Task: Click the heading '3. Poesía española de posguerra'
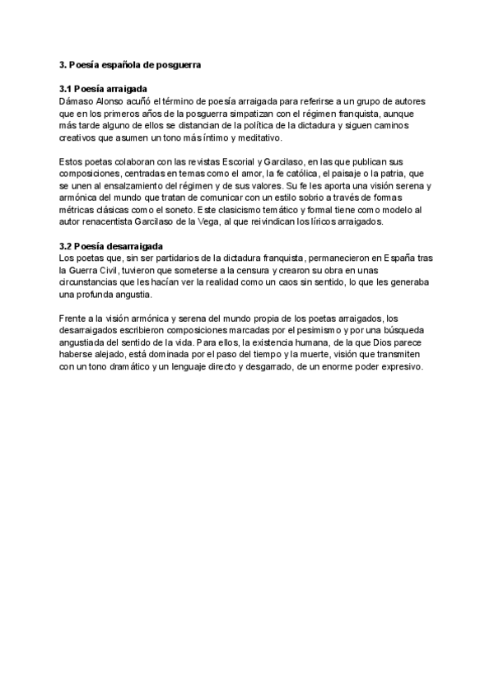131,63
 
